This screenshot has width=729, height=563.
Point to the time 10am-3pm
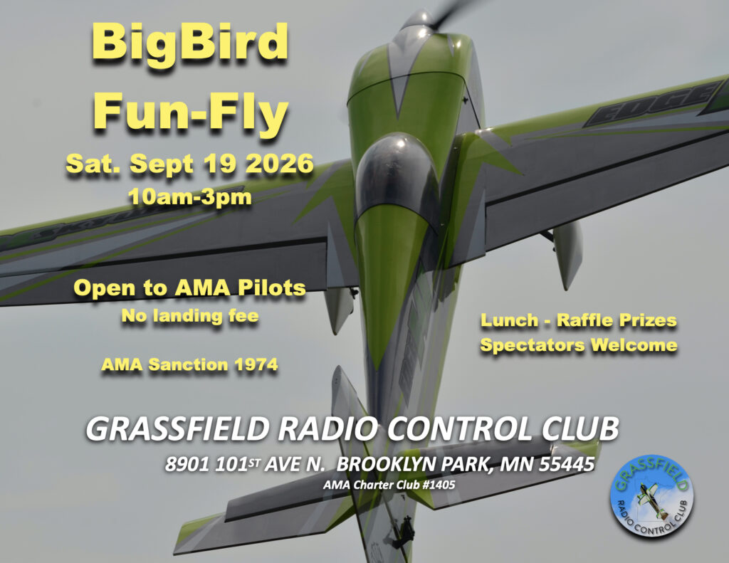pyautogui.click(x=190, y=196)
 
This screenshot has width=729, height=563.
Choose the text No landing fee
pyautogui.click(x=189, y=316)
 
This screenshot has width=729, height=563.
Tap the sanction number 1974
pyautogui.click(x=256, y=364)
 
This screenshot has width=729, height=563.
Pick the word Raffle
pyautogui.click(x=586, y=320)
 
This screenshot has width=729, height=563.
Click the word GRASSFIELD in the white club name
pyautogui.click(x=177, y=428)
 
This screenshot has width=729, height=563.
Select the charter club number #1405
pyautogui.click(x=439, y=485)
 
